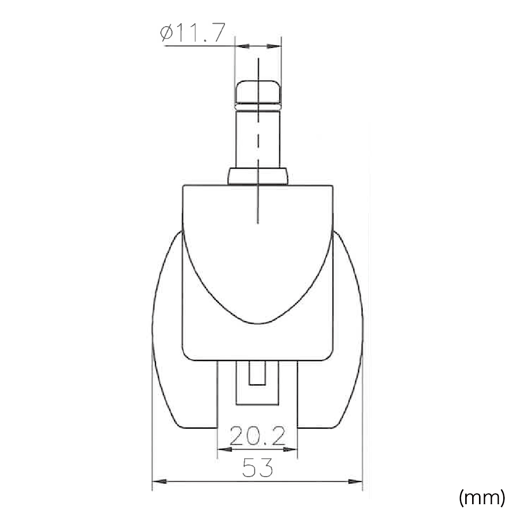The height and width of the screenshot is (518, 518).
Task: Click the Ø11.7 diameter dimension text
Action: coord(192,33)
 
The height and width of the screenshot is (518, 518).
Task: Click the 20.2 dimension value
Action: coord(258,436)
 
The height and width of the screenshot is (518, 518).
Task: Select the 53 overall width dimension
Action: coord(258,468)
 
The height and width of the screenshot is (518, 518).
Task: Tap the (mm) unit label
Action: coord(482,497)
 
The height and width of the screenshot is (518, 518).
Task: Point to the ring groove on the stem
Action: coord(258,107)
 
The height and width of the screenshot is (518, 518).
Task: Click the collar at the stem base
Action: coord(258,177)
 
